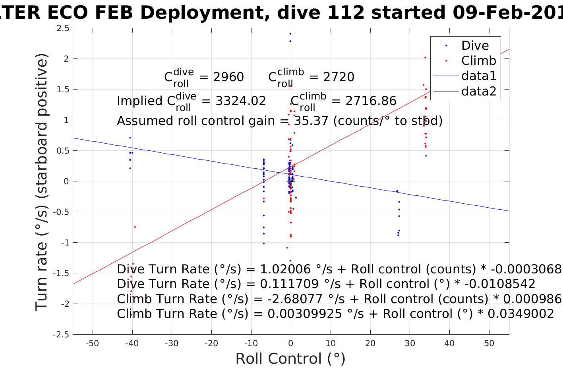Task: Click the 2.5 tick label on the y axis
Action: [63, 28]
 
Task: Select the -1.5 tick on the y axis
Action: [61, 273]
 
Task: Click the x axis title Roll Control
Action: [290, 359]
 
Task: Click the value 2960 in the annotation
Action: [228, 77]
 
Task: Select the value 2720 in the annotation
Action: [339, 77]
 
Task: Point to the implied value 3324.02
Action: [241, 101]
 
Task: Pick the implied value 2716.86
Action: [371, 101]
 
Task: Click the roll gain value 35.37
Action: [311, 121]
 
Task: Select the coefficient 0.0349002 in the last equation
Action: [520, 314]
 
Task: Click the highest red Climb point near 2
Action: [425, 57]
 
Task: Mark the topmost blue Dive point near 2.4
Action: [290, 33]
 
